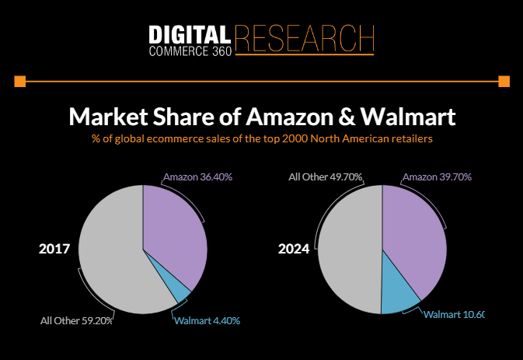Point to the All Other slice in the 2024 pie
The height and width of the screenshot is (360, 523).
[350, 249]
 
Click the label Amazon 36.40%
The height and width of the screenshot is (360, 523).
[197, 177]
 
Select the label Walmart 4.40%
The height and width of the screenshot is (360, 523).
[207, 320]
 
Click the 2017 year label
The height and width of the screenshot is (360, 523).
[54, 250]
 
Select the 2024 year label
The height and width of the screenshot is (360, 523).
[295, 250]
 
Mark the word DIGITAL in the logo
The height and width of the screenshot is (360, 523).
[189, 34]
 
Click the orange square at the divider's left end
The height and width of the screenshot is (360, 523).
[20, 81]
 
